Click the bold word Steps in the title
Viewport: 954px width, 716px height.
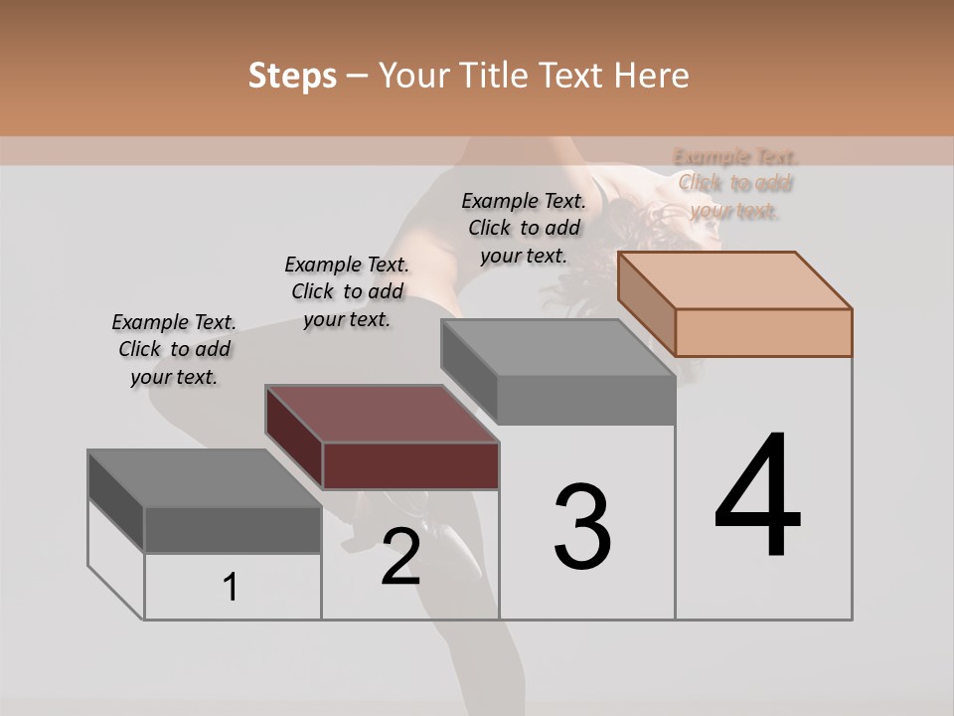pyautogui.click(x=292, y=76)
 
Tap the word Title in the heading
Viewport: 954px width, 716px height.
pyautogui.click(x=495, y=76)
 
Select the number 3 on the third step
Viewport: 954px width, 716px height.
pyautogui.click(x=582, y=527)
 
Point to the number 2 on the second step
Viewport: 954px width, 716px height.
pyautogui.click(x=400, y=557)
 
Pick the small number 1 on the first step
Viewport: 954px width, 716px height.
pyautogui.click(x=231, y=588)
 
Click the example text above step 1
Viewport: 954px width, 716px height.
pyautogui.click(x=174, y=349)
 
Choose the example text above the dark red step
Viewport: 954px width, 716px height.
pyautogui.click(x=347, y=291)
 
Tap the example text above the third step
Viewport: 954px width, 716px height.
pyautogui.click(x=524, y=228)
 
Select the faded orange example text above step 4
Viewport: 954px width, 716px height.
pyautogui.click(x=735, y=183)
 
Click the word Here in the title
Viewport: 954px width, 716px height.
pyautogui.click(x=652, y=76)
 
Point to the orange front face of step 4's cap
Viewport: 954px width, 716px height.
pyautogui.click(x=763, y=332)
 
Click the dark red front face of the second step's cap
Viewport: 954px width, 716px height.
pyautogui.click(x=410, y=465)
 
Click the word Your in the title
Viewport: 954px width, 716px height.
pyautogui.click(x=414, y=76)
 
